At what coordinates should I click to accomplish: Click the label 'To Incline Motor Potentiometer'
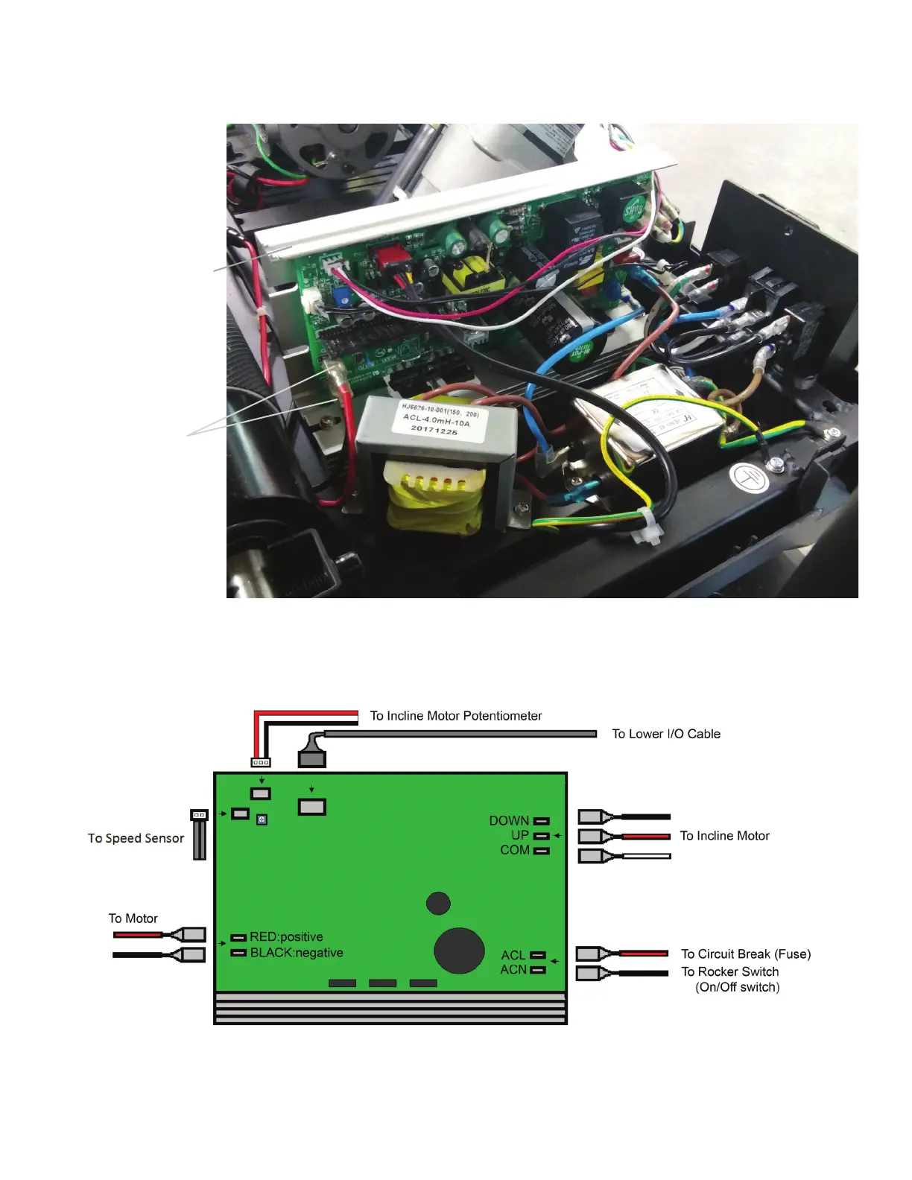point(455,716)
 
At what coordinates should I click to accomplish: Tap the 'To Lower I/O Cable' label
point(665,734)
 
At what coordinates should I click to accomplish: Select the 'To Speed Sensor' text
point(136,838)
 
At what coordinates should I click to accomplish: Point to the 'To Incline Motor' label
point(724,836)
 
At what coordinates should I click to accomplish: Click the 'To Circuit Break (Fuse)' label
point(745,954)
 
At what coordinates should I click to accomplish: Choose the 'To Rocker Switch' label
point(729,972)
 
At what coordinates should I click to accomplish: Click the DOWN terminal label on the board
point(509,820)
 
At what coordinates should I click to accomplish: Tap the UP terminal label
point(519,835)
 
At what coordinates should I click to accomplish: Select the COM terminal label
point(514,850)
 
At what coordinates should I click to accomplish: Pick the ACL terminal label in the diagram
point(513,955)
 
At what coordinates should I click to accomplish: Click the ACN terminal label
point(513,969)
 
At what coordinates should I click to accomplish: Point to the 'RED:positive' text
point(286,937)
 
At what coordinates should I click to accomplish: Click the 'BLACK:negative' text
point(296,953)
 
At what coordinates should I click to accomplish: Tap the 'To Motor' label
point(133,919)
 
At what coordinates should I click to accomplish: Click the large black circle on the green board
point(459,950)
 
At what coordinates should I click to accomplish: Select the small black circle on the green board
point(438,903)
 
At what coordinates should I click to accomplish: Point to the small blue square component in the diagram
point(262,820)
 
